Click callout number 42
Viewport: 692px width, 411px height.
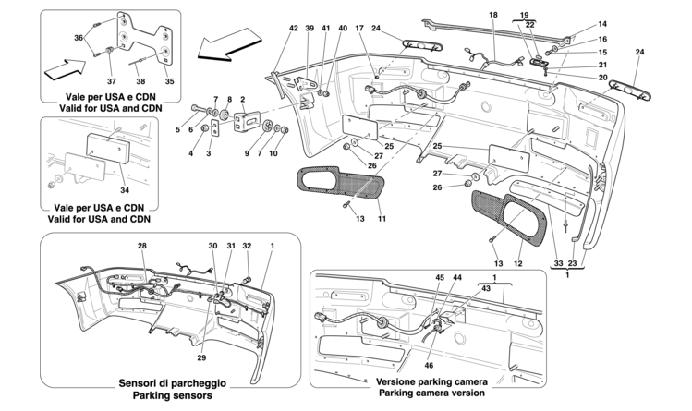click(293, 28)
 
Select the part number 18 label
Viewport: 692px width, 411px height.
click(492, 15)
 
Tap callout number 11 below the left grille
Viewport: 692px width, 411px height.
click(381, 219)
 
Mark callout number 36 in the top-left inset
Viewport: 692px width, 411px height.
click(78, 37)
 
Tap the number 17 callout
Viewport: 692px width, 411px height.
click(358, 28)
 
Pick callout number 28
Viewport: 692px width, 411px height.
click(142, 247)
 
